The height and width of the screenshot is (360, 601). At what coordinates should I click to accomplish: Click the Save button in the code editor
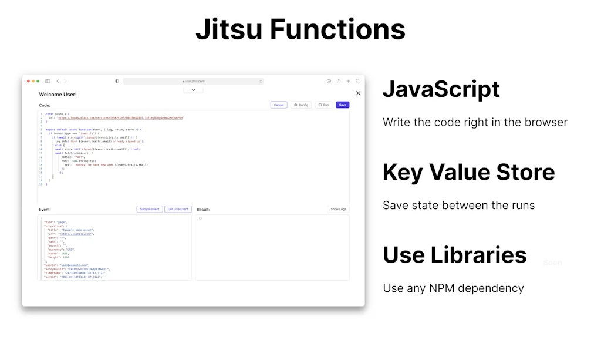(x=343, y=105)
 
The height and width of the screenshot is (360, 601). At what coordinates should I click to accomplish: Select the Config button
(x=300, y=105)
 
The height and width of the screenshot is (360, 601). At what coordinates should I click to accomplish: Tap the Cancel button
(x=279, y=105)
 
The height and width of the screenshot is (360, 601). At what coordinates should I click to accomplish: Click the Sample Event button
(x=150, y=209)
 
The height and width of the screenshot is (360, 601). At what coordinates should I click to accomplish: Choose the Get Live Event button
(x=178, y=209)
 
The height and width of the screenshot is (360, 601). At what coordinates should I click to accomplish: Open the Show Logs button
(x=338, y=209)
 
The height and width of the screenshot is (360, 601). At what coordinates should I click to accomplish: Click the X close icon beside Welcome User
(x=359, y=93)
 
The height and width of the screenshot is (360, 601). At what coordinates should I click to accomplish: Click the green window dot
(x=38, y=81)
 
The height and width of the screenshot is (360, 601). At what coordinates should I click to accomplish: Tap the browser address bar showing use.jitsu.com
(x=194, y=81)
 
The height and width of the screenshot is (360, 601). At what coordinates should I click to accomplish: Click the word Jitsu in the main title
(x=228, y=29)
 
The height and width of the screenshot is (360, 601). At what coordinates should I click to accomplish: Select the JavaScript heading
(x=441, y=89)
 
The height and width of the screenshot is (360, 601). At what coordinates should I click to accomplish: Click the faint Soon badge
(x=552, y=263)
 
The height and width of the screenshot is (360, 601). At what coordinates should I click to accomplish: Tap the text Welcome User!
(x=58, y=94)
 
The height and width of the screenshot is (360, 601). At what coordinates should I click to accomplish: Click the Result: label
(x=203, y=210)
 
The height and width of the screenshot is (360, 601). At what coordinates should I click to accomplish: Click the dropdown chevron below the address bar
(x=193, y=90)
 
